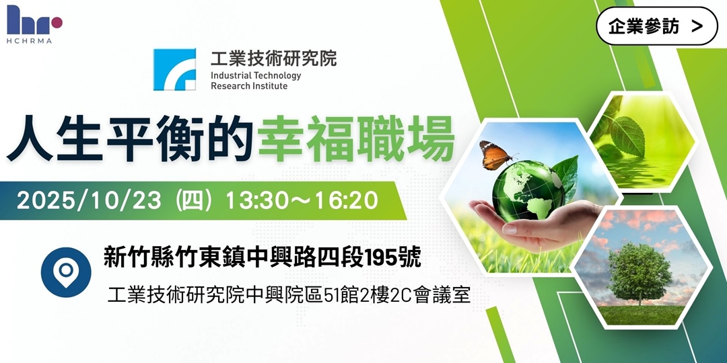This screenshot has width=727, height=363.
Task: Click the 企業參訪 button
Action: tap(656, 26)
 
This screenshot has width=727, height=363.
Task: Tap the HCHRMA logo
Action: tap(34, 24)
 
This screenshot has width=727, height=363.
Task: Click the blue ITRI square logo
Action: tap(174, 69)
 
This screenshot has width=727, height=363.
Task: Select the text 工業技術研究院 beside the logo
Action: tap(273, 58)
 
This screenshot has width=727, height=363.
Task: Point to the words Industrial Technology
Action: tap(256, 75)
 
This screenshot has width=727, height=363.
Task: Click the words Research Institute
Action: tap(249, 86)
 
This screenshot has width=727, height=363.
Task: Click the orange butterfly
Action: tap(494, 155)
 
